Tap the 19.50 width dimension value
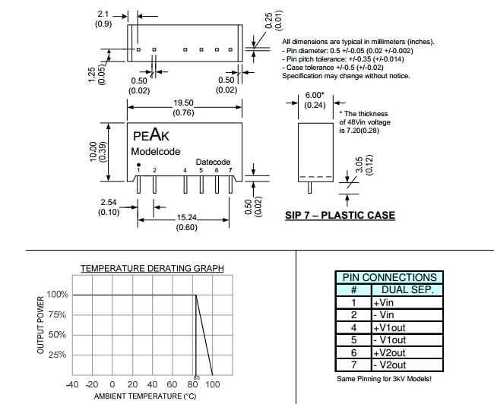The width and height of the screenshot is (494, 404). tap(184, 103)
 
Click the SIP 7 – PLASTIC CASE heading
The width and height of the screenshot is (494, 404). tap(340, 215)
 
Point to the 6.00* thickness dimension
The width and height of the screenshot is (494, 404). tap(315, 95)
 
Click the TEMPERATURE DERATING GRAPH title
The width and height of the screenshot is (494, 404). tap(153, 268)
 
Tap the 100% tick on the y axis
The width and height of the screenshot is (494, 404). tap(58, 295)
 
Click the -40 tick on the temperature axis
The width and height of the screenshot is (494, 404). tap(72, 384)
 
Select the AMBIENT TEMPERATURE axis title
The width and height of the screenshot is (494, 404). tap(145, 396)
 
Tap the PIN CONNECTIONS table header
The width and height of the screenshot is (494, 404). tap(390, 277)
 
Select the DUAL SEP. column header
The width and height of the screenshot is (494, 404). tap(407, 289)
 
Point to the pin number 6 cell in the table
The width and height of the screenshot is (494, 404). tap(353, 352)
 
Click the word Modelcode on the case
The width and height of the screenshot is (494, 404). tap(156, 151)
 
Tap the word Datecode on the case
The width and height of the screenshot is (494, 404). tap(214, 162)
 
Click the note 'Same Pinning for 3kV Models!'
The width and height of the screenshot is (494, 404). tap(389, 378)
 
